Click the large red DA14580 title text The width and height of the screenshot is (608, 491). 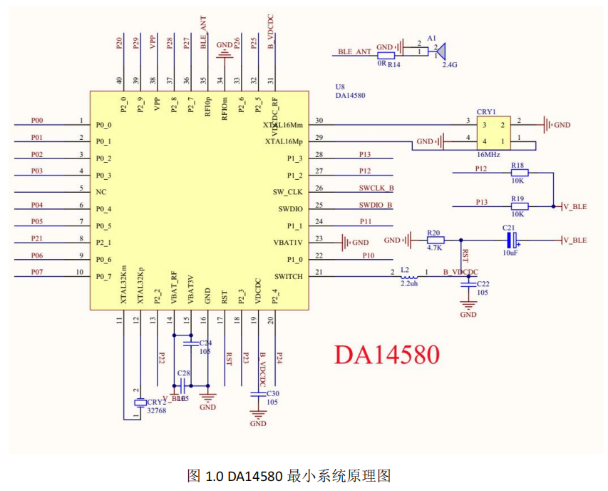[x=388, y=355]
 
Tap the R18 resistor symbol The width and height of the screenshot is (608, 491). [x=518, y=172]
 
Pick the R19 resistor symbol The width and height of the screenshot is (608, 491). [x=518, y=206]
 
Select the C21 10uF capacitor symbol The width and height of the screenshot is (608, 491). [x=510, y=240]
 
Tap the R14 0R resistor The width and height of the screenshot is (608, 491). [x=386, y=55]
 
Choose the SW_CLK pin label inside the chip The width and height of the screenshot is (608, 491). [x=288, y=192]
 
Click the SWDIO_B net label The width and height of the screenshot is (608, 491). [x=376, y=205]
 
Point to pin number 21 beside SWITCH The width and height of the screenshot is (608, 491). [x=319, y=272]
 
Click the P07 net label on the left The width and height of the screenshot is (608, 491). [x=37, y=272]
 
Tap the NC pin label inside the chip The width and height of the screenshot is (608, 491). [x=101, y=192]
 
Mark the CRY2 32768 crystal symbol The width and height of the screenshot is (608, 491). [x=140, y=403]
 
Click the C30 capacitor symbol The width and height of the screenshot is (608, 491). [x=258, y=394]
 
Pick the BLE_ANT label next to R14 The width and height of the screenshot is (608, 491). [x=354, y=51]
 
